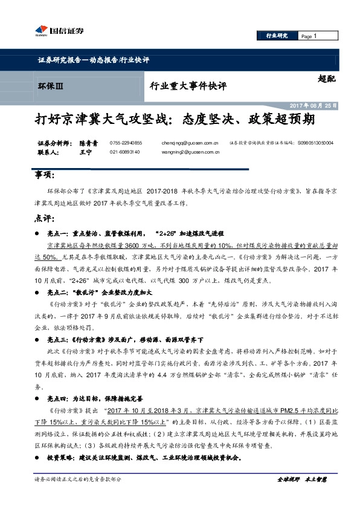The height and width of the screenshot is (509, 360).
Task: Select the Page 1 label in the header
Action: [309, 36]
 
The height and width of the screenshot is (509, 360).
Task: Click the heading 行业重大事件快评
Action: [187, 87]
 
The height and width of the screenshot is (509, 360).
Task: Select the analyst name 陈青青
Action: [88, 143]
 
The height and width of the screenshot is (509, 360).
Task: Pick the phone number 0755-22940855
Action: [126, 143]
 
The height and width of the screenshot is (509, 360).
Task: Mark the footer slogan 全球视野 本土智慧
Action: [301, 479]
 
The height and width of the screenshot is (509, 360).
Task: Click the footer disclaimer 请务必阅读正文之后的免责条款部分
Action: [79, 479]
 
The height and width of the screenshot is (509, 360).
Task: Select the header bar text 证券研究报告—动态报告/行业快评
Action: [93, 60]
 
